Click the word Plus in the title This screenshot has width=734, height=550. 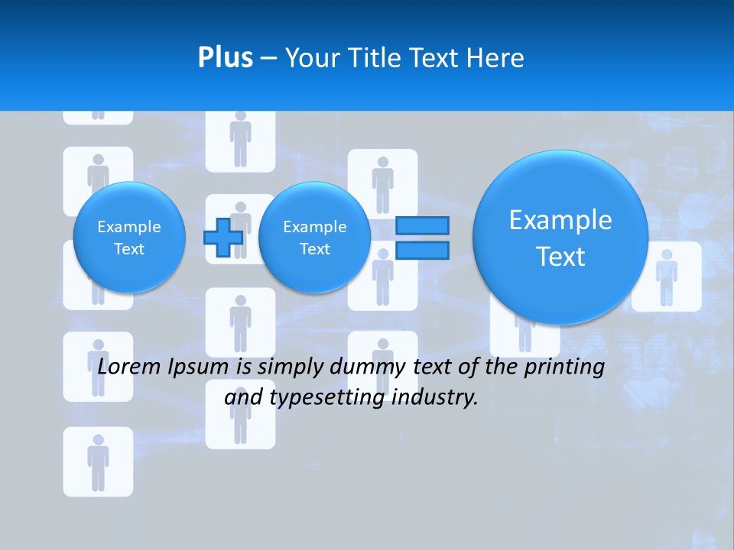click(225, 58)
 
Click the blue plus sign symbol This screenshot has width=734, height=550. click(223, 237)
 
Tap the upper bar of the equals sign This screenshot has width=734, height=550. click(421, 225)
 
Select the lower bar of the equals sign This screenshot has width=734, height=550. click(421, 251)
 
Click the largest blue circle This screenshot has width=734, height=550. click(560, 237)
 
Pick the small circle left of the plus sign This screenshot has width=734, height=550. click(129, 237)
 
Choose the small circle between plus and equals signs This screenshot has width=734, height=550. click(314, 237)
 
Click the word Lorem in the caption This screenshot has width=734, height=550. click(129, 367)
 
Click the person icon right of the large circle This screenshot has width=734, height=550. click(667, 276)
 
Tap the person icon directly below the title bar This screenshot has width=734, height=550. click(241, 140)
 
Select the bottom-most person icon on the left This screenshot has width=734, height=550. click(98, 461)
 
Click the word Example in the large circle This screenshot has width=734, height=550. click(560, 220)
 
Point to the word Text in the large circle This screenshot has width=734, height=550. click(560, 257)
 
